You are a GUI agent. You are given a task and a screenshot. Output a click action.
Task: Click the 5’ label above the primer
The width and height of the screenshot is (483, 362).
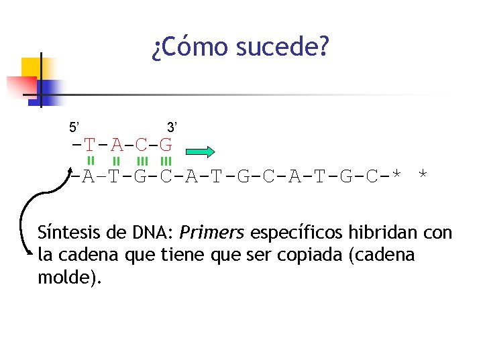(75, 127)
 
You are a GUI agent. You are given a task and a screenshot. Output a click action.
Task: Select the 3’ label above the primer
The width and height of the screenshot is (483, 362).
(172, 127)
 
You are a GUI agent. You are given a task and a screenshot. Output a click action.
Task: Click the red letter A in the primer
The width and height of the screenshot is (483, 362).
(117, 145)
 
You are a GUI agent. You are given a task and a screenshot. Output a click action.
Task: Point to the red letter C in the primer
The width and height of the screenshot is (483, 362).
(141, 145)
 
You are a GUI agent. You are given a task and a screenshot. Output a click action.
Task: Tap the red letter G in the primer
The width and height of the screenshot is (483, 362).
(166, 145)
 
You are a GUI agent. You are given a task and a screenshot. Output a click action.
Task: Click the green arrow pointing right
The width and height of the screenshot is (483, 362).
(199, 151)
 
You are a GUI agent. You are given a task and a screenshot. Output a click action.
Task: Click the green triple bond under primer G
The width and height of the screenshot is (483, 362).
(166, 161)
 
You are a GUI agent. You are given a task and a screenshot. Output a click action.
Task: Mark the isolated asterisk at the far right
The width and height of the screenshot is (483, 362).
(423, 176)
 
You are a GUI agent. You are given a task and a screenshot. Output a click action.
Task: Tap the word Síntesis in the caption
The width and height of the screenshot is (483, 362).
(67, 233)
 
